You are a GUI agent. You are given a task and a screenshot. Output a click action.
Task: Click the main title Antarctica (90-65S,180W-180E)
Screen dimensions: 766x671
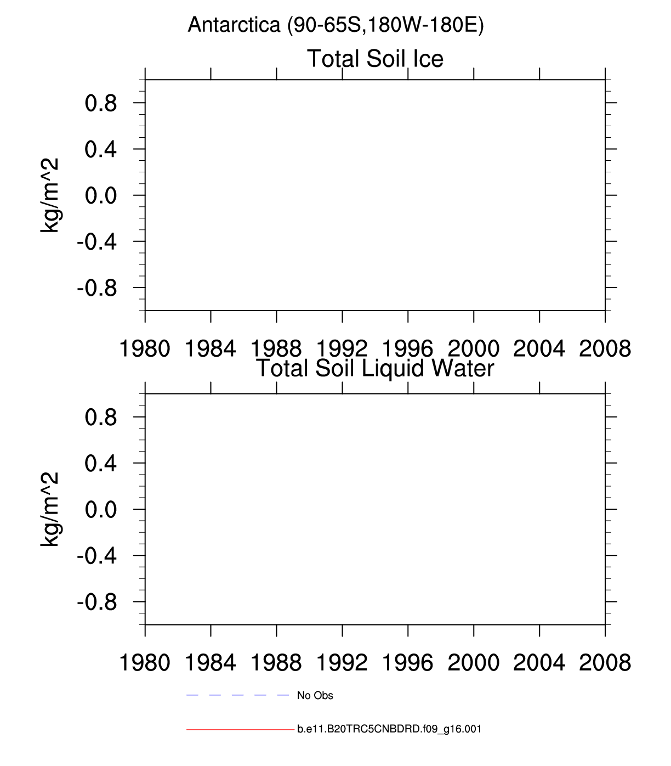click(336, 25)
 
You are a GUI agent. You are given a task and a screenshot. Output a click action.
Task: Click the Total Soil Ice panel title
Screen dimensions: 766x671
click(375, 59)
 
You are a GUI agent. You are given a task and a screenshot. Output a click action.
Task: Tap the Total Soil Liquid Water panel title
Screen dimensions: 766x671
click(375, 368)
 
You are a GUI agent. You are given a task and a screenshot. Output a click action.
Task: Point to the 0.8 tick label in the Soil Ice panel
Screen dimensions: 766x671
click(101, 103)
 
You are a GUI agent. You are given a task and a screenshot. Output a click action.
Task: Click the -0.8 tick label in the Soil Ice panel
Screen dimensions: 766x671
click(97, 288)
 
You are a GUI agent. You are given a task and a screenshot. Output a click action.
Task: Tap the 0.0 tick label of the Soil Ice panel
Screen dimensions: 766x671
click(101, 196)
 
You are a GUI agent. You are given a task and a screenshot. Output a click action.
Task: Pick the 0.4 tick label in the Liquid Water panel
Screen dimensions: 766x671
click(101, 464)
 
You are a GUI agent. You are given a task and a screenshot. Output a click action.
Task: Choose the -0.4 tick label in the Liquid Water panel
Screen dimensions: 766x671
click(97, 556)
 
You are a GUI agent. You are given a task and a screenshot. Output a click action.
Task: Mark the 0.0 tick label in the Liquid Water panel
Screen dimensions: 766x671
click(101, 510)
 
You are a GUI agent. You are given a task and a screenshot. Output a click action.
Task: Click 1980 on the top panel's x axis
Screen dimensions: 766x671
click(145, 349)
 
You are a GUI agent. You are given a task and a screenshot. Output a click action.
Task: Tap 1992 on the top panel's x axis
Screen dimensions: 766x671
click(342, 349)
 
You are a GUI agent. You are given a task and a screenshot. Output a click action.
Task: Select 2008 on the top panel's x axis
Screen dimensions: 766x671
click(605, 349)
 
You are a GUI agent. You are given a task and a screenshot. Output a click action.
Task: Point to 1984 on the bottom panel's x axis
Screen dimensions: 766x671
click(211, 663)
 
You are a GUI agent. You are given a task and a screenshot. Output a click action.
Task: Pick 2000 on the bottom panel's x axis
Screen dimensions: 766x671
click(474, 663)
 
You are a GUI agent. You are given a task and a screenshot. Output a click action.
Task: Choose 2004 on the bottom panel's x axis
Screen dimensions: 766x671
click(539, 663)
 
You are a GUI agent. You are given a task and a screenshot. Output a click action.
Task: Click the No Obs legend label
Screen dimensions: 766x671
click(315, 696)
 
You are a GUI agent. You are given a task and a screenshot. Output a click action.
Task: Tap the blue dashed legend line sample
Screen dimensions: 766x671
click(237, 695)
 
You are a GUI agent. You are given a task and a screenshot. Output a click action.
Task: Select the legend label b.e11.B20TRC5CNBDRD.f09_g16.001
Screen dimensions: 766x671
click(389, 729)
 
